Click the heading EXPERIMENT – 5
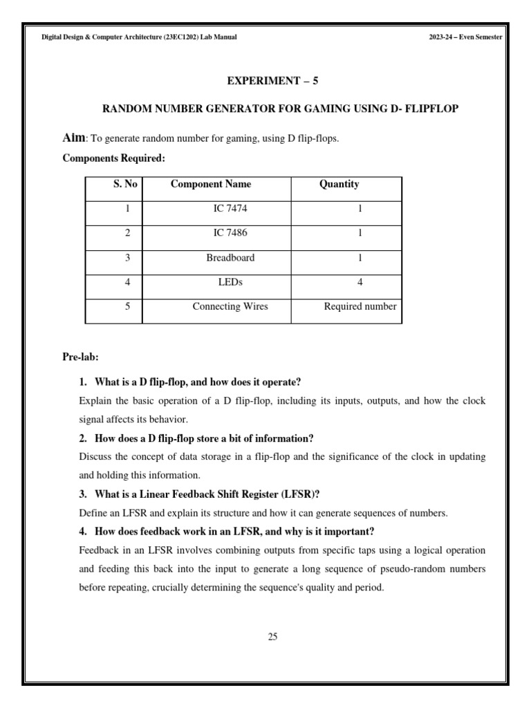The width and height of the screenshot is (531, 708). coord(272,81)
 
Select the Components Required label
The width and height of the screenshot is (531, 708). coord(113,158)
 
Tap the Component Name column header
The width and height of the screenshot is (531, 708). coord(211,184)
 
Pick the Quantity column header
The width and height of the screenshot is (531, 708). coord(339,184)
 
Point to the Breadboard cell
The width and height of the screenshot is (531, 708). coord(230,258)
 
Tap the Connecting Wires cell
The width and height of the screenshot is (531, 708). coord(230,306)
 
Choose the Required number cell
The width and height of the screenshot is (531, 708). coord(360,306)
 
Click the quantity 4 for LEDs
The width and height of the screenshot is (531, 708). coord(360,282)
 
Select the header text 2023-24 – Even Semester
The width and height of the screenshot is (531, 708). coord(465,37)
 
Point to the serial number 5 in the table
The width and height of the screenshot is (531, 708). coord(128,306)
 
